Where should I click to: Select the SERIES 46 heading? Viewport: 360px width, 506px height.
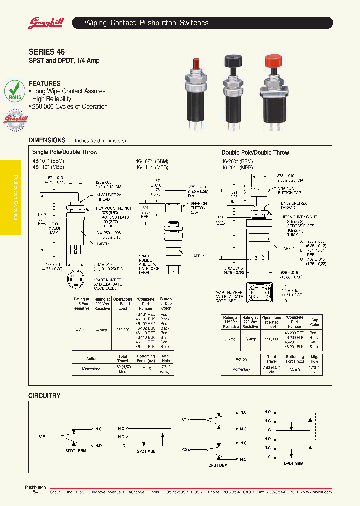click(x=46, y=52)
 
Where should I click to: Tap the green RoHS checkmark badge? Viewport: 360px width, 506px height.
click(x=14, y=92)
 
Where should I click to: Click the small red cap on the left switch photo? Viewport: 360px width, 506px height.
click(x=196, y=64)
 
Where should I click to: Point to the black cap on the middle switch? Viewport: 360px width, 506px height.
click(x=233, y=61)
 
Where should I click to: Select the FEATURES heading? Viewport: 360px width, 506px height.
click(x=44, y=83)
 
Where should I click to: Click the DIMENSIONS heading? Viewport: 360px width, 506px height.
click(x=47, y=140)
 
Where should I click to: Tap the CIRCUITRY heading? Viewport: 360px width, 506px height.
click(x=44, y=395)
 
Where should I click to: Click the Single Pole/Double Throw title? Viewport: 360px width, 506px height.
click(x=65, y=152)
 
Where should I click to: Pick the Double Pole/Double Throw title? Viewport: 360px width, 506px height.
click(x=255, y=152)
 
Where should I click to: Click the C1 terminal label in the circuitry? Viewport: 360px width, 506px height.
click(x=184, y=419)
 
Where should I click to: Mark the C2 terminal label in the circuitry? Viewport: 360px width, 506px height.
click(x=184, y=450)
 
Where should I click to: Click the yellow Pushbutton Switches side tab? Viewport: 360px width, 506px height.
click(x=11, y=197)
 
